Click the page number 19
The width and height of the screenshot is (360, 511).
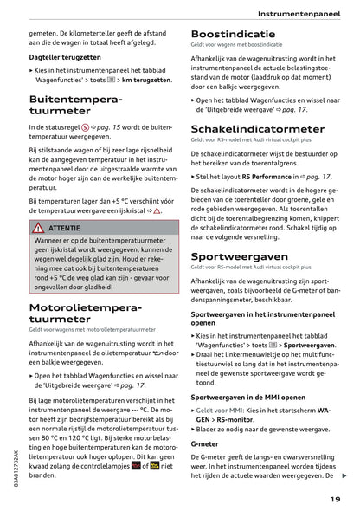pyautogui.click(x=334, y=498)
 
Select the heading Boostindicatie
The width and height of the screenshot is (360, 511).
pyautogui.click(x=233, y=35)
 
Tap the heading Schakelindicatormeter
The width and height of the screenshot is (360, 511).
pyautogui.click(x=257, y=128)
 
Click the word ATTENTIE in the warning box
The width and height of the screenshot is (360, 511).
pyautogui.click(x=65, y=227)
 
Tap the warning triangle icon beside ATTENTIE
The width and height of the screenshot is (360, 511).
pyautogui.click(x=38, y=227)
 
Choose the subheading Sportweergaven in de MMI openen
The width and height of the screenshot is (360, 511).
pyautogui.click(x=250, y=397)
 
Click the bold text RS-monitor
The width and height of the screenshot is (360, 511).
pyautogui.click(x=223, y=418)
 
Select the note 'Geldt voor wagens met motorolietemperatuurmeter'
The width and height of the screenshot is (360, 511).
pyautogui.click(x=92, y=329)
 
